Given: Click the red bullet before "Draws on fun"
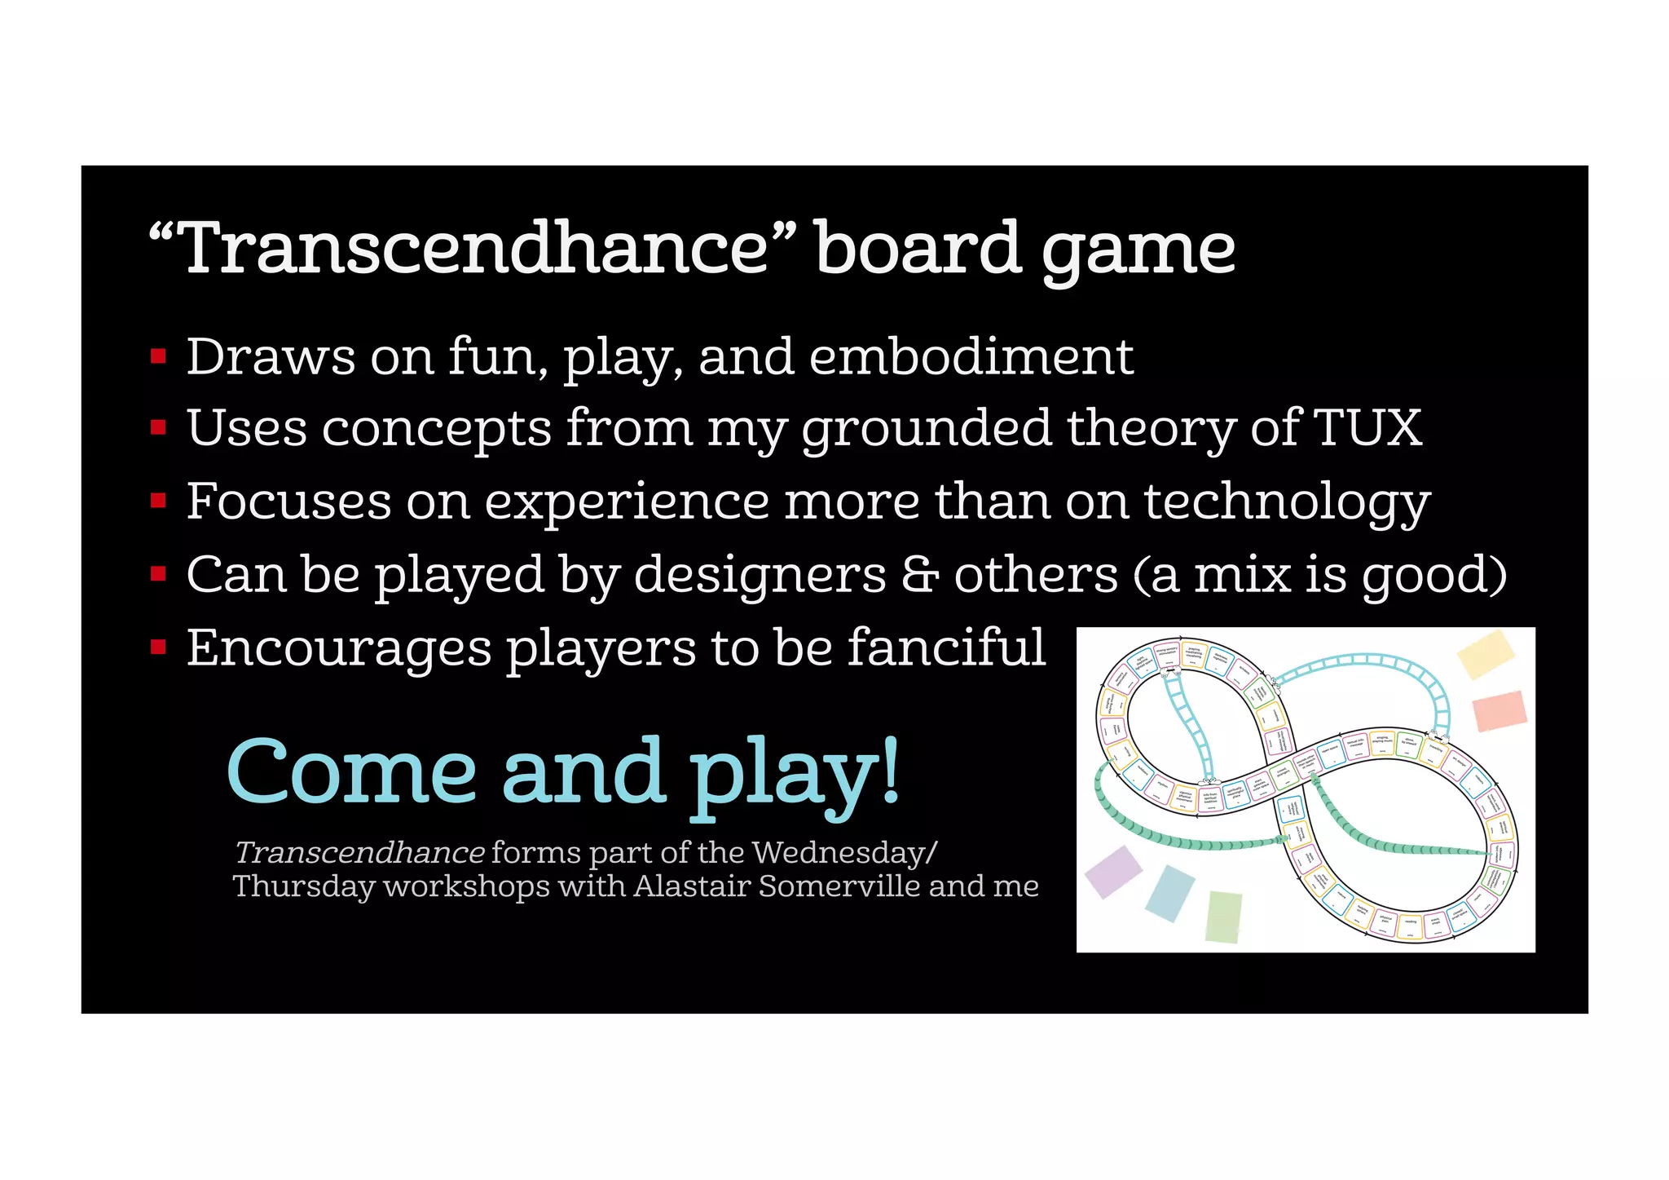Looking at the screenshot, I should (159, 356).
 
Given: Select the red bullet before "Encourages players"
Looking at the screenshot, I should (159, 647).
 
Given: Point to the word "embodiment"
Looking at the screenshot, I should (971, 357).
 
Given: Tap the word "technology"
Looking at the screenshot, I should (1287, 502).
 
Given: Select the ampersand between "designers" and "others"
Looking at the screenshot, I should (920, 575).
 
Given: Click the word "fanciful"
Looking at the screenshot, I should (946, 647).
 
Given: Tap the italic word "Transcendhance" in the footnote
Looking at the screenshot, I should (359, 853).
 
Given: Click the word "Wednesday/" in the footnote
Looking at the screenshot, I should (844, 853).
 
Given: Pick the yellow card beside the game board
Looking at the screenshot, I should (1485, 654).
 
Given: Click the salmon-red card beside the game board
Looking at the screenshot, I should (1499, 710).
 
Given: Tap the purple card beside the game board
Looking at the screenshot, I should (1114, 872).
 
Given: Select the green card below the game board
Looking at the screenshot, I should (1223, 917).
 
